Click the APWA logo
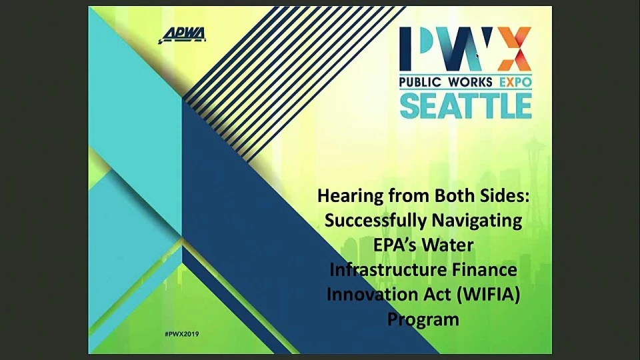(182, 35)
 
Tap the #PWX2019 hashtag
(181, 334)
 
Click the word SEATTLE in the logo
(466, 105)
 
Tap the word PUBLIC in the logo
(421, 82)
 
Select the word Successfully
(375, 221)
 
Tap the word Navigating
(477, 221)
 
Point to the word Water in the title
(448, 245)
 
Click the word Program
(423, 319)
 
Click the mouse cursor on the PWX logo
(477, 56)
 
